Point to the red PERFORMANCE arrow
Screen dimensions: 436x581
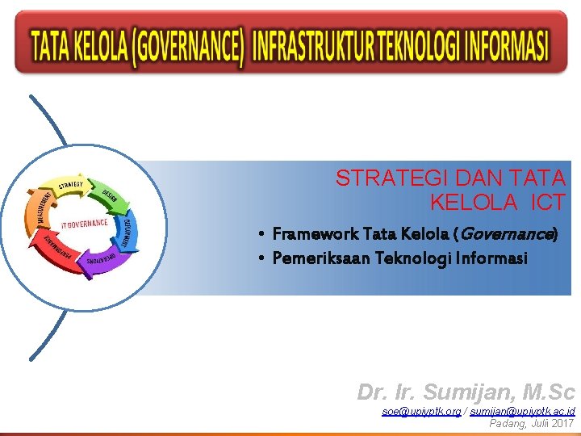click(56, 250)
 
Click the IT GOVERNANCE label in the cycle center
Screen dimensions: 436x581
click(83, 223)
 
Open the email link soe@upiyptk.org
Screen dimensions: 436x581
click(421, 412)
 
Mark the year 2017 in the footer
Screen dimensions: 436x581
click(561, 423)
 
